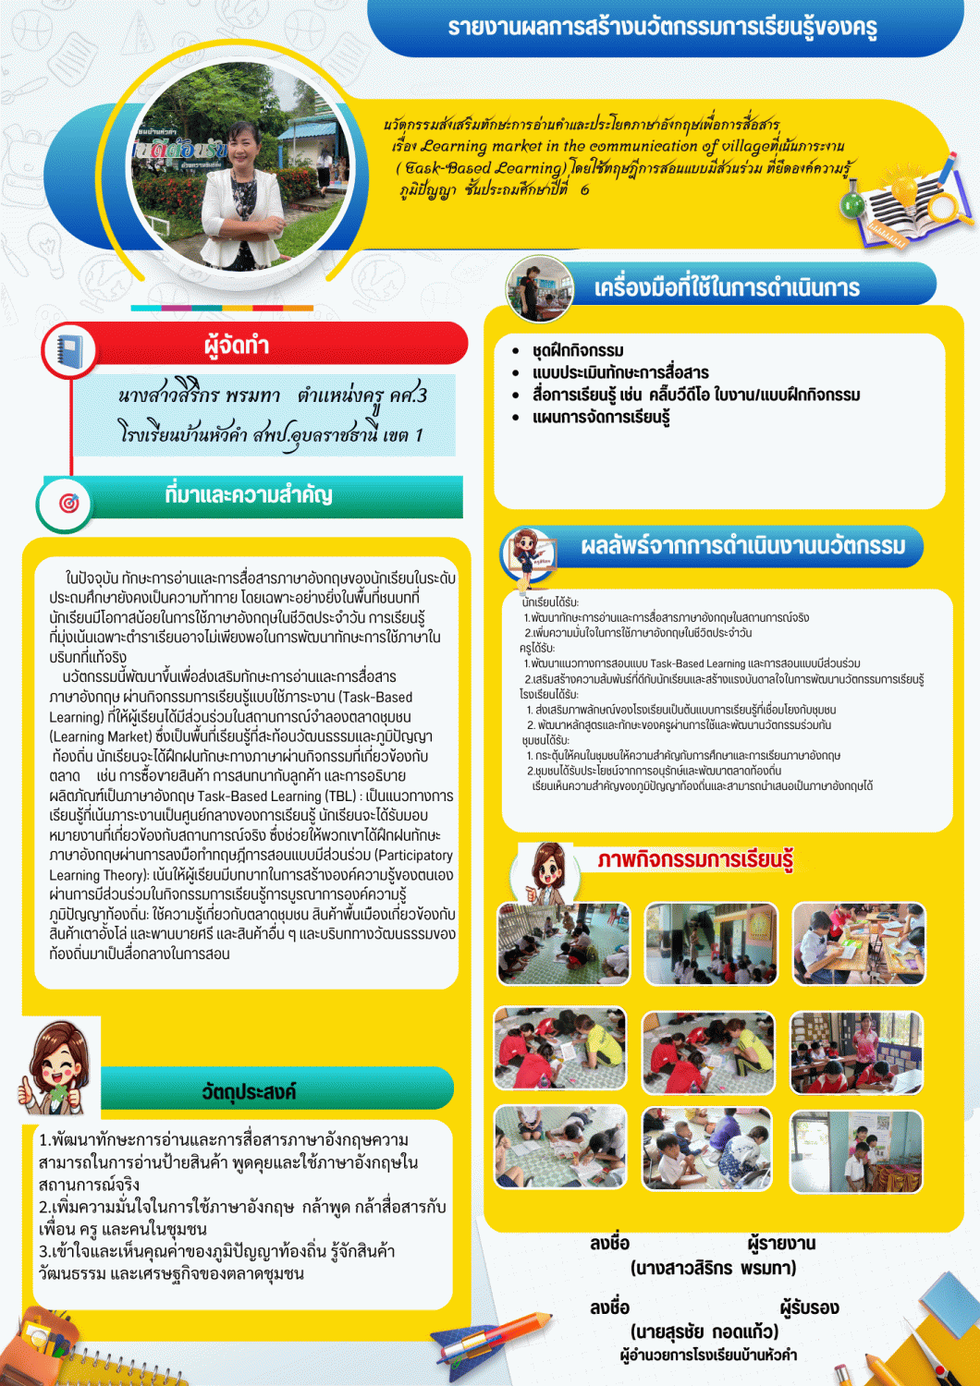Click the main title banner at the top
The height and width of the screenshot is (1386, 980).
click(662, 28)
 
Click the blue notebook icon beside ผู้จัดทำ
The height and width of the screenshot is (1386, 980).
click(69, 351)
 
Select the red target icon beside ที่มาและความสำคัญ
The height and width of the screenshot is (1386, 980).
click(68, 503)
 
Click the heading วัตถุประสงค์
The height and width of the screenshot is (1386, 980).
click(250, 1091)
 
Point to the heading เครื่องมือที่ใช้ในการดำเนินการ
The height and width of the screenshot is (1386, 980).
click(727, 287)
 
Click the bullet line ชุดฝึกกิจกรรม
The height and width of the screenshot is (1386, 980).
click(578, 350)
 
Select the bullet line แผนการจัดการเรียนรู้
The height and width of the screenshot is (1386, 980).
click(601, 417)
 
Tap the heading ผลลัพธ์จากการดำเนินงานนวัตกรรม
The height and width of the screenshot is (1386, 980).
click(742, 546)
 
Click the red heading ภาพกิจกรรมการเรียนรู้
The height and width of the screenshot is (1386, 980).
click(695, 859)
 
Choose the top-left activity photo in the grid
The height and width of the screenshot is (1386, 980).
click(563, 943)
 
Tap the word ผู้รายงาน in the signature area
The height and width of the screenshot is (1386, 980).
click(781, 1243)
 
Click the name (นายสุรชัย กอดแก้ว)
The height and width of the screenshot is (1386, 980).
click(704, 1331)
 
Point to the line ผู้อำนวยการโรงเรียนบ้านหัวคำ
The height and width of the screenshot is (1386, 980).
click(708, 1355)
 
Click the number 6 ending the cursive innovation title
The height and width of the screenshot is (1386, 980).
click(584, 189)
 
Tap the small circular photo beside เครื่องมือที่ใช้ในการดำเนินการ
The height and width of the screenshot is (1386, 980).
click(539, 288)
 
